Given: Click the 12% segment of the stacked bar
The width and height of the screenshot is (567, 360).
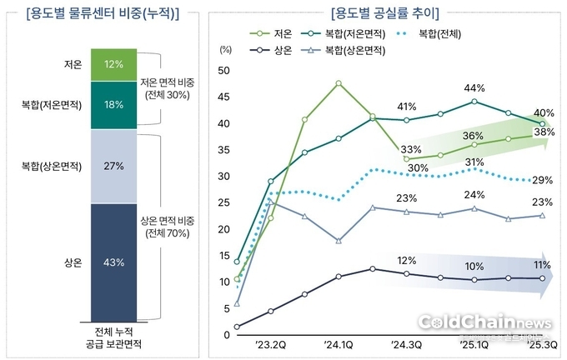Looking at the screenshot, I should [x=114, y=64].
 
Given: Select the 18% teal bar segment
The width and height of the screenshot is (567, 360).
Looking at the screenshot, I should [x=114, y=105].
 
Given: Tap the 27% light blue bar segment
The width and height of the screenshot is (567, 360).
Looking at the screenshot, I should [x=114, y=166].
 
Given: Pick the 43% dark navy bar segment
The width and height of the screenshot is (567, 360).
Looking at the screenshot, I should [x=114, y=262].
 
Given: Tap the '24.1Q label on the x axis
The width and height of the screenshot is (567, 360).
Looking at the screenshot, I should [x=339, y=342].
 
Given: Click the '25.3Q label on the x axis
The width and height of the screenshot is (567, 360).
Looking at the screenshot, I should [x=542, y=342].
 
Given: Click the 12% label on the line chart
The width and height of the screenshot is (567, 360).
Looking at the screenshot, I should [x=406, y=261].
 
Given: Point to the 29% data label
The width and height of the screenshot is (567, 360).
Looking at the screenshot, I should [x=542, y=181].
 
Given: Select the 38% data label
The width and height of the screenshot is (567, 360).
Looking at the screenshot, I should [x=544, y=132].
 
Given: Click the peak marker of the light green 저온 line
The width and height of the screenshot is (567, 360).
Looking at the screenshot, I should [x=339, y=83].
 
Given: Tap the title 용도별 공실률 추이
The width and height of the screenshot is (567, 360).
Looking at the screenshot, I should [x=384, y=12].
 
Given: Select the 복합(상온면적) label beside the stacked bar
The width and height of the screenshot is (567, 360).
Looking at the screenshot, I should [x=52, y=166].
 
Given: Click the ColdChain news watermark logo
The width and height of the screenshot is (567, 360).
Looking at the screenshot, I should [x=484, y=322].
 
